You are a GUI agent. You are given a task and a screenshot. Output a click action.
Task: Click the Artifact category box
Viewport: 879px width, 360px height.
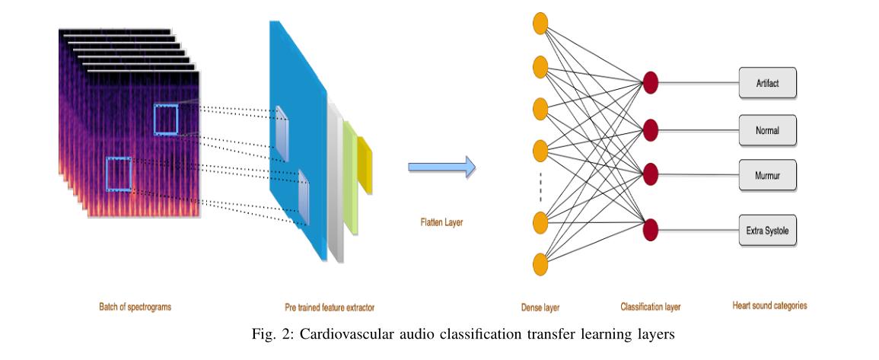click(767, 83)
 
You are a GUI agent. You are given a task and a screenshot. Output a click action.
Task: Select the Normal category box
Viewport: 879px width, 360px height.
click(767, 130)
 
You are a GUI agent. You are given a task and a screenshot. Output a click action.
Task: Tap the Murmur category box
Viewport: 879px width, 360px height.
click(767, 176)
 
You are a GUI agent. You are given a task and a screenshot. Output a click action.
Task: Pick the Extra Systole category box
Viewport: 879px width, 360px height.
click(767, 230)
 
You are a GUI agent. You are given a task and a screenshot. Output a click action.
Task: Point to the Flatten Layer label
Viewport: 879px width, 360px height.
click(441, 223)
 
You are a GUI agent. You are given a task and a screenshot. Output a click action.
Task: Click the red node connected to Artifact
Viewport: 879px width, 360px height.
click(650, 82)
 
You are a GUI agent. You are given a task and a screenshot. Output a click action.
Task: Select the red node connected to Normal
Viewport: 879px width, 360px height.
click(650, 130)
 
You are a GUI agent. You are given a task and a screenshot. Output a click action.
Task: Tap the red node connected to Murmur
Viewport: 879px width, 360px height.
click(650, 174)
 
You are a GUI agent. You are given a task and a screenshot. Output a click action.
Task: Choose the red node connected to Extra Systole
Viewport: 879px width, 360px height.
click(650, 229)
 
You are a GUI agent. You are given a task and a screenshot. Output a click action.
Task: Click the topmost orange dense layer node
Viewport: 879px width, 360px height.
click(541, 24)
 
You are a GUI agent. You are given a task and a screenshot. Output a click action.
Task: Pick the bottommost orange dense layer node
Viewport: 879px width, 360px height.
click(541, 264)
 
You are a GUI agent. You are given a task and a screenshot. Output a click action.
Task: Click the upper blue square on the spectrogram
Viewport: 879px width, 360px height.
click(166, 119)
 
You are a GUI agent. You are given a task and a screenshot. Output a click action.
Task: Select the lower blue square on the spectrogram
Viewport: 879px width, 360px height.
click(118, 173)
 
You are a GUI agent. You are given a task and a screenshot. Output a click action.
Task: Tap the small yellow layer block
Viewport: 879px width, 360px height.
click(365, 164)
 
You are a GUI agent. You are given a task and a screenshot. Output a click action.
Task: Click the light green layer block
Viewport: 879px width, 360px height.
click(350, 175)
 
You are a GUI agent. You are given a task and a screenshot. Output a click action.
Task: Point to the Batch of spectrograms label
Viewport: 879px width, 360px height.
click(135, 307)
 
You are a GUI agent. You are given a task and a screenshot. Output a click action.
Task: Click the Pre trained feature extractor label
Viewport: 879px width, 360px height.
click(330, 307)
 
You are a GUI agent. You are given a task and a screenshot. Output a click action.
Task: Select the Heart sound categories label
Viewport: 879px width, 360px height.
click(769, 306)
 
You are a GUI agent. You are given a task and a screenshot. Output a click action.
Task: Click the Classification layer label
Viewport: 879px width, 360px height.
click(650, 307)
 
